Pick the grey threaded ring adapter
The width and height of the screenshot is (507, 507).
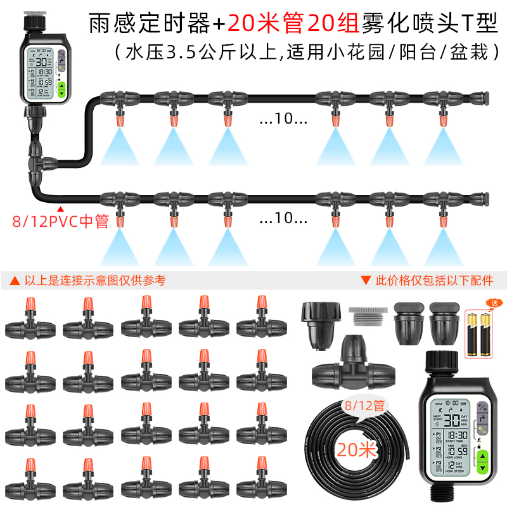[x=366, y=314]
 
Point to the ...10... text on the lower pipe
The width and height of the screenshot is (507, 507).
[x=283, y=219]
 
